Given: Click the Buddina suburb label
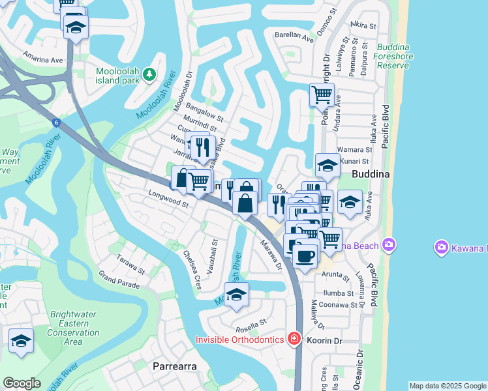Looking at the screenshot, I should click(x=370, y=175).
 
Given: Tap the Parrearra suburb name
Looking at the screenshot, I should click(x=174, y=366).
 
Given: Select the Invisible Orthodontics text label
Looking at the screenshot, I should click(x=240, y=340).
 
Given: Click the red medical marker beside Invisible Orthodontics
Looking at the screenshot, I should click(x=294, y=340).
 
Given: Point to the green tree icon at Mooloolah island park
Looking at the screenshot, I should click(x=150, y=75).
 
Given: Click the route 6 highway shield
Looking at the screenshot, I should click(x=57, y=122).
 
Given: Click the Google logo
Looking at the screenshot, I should click(x=22, y=383).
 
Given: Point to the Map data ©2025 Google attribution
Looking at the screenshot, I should click(x=447, y=386).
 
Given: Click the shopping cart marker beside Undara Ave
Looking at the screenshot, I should click(x=322, y=95).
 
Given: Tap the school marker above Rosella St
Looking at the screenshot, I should click(x=236, y=293).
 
